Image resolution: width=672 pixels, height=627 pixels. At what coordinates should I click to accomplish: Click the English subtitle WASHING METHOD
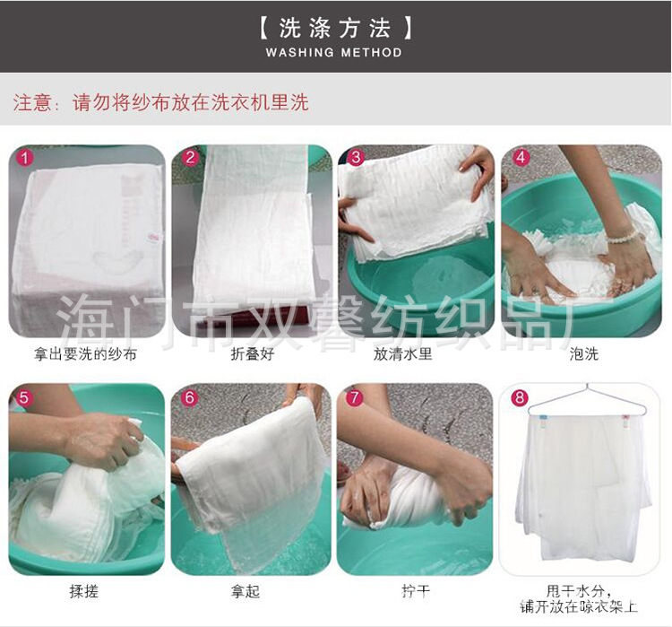(x=334, y=52)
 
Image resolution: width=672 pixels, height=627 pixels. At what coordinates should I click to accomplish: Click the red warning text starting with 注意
(x=160, y=102)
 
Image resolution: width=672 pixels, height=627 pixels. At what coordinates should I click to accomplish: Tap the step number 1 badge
(x=25, y=158)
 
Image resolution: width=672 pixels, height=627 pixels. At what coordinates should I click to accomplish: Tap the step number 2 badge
(x=190, y=158)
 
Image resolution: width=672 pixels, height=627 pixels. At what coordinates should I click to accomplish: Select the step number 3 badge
(x=356, y=158)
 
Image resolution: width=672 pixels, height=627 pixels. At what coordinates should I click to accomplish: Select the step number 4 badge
(x=521, y=158)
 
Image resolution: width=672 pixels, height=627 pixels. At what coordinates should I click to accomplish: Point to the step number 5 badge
(x=25, y=397)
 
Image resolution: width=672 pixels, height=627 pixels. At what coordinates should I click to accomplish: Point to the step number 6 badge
(x=190, y=397)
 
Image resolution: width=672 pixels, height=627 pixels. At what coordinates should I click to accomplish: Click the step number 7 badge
(x=356, y=397)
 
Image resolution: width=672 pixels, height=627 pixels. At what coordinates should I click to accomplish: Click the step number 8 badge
(x=521, y=397)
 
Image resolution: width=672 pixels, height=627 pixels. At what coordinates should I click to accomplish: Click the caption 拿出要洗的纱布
(x=87, y=353)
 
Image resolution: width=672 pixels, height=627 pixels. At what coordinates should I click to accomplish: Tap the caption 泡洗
(x=583, y=353)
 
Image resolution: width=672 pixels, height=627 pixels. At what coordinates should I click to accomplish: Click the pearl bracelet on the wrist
(x=625, y=236)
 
